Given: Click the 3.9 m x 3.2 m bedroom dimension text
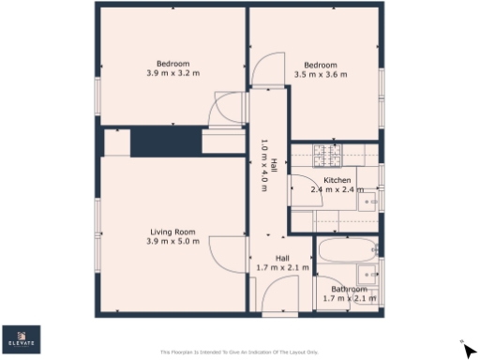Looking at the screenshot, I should coord(172,72).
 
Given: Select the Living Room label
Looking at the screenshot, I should coord(172,232).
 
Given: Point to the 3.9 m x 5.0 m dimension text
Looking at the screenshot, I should coord(172,242).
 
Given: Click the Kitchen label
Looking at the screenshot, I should coord(337,180).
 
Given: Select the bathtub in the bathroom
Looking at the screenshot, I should coord(347,252).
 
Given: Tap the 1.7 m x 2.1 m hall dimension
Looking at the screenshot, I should coord(282,268).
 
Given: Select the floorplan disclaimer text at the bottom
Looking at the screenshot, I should coord(239,352).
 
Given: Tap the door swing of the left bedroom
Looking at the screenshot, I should coord(227,109).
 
